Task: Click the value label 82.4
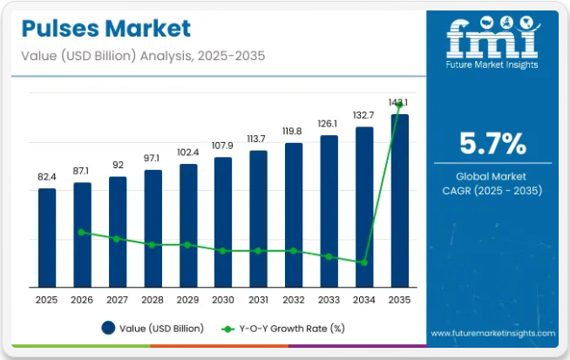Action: [x=46, y=177]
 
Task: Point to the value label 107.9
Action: [x=223, y=145]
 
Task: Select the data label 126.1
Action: [x=329, y=123]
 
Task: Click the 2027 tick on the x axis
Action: [x=117, y=299]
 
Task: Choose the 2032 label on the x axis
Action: [x=294, y=299]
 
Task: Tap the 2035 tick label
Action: [x=400, y=299]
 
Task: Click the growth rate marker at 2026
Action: [x=82, y=232]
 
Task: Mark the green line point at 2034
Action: [x=364, y=262]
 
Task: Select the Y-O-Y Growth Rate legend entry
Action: [x=282, y=328]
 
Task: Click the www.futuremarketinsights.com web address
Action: [x=492, y=333]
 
